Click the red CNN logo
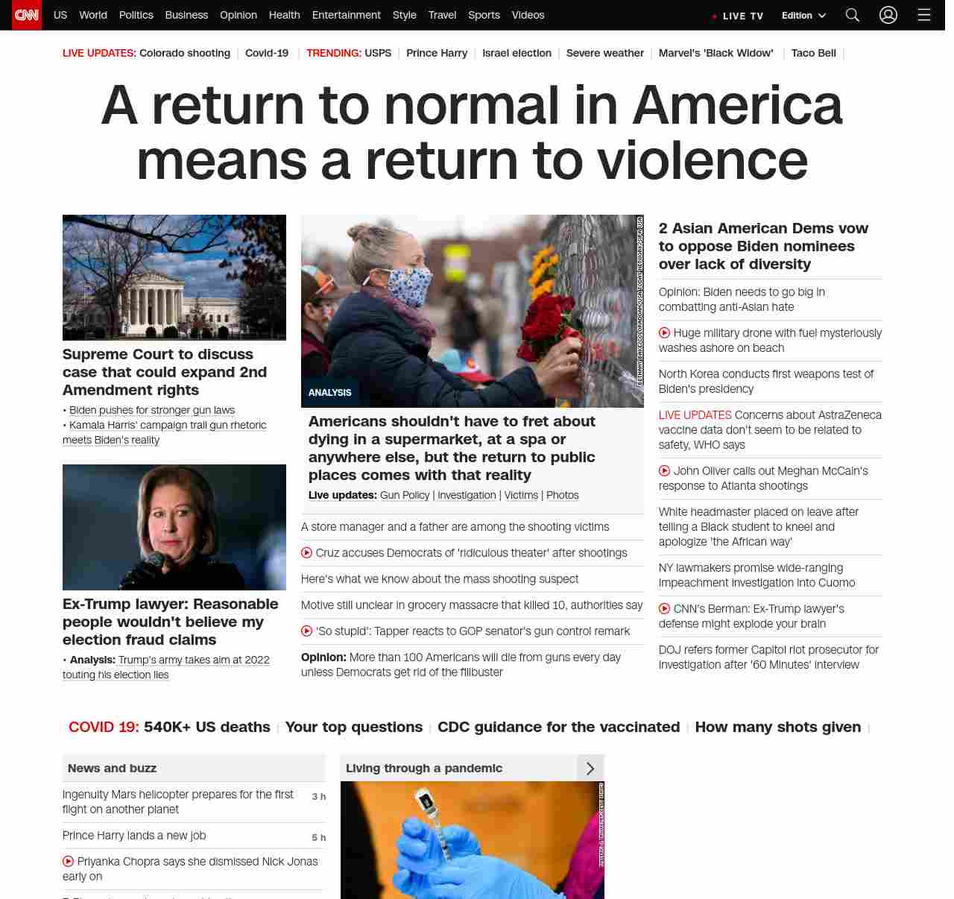point(27,15)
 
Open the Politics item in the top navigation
point(136,15)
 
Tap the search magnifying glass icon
point(853,15)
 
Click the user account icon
point(888,15)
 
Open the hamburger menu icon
point(924,15)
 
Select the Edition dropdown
point(803,16)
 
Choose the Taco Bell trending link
point(813,53)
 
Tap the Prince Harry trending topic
point(437,53)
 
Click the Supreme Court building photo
point(174,277)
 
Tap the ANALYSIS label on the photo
point(330,392)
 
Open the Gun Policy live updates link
point(405,495)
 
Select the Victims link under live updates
point(521,495)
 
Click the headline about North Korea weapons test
point(766,381)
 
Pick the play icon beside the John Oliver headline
point(664,470)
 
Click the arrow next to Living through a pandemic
point(590,768)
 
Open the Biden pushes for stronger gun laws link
point(152,410)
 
